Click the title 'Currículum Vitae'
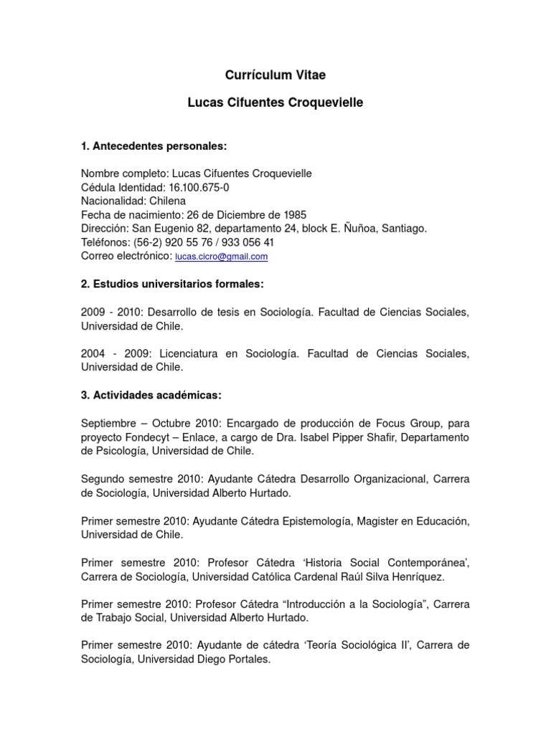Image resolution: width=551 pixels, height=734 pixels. [x=275, y=75]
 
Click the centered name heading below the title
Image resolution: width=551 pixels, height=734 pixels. [x=275, y=103]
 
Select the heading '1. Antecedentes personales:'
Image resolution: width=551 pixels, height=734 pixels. [x=154, y=146]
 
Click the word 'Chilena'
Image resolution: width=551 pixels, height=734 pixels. [x=166, y=201]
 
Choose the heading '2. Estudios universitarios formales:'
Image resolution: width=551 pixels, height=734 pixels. [x=172, y=285]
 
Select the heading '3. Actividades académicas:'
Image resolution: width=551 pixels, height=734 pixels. [x=151, y=395]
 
